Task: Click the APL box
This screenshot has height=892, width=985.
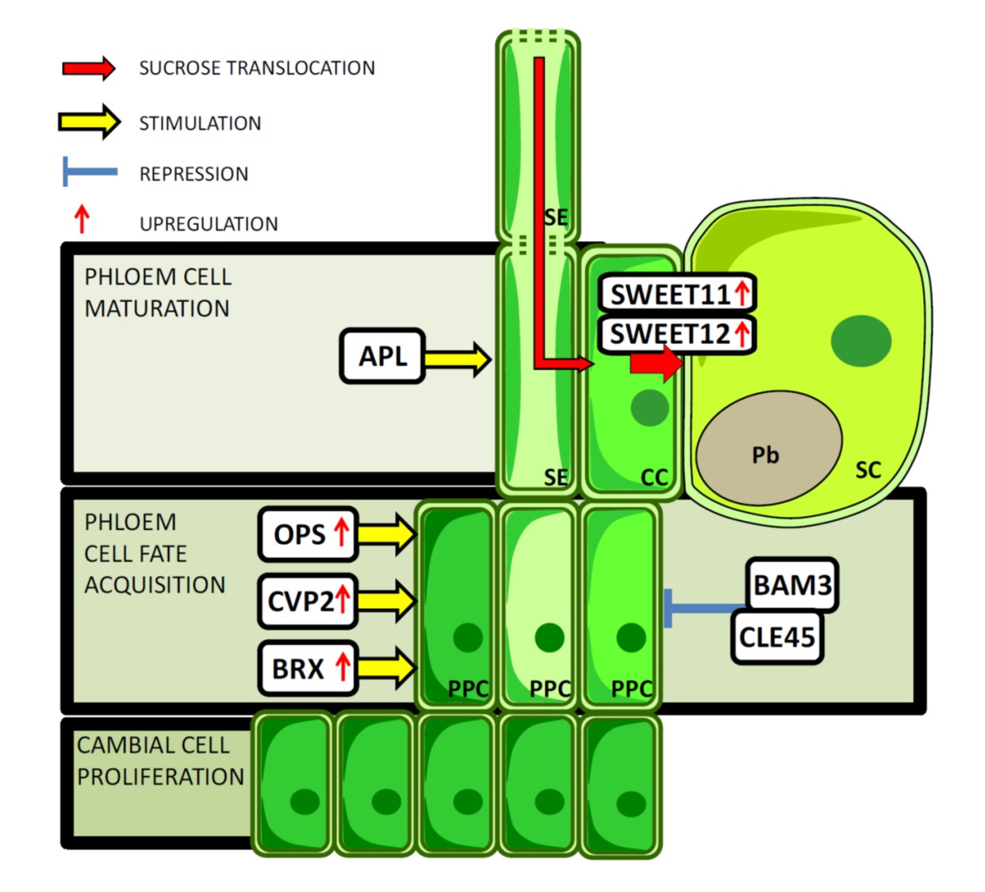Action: tap(382, 357)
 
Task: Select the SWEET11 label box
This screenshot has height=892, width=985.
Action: tap(676, 294)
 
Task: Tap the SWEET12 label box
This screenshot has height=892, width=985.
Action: tap(676, 334)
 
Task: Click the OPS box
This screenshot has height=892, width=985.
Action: tap(307, 534)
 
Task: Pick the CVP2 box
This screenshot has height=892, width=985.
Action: tap(307, 601)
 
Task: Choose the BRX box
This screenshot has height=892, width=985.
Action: tap(307, 668)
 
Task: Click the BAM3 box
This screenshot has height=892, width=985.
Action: tap(791, 585)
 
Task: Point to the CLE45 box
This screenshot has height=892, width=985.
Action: tap(776, 637)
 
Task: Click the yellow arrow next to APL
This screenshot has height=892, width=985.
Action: tap(457, 359)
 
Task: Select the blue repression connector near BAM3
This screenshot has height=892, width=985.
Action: tap(702, 608)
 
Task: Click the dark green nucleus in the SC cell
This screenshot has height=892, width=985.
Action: tap(860, 340)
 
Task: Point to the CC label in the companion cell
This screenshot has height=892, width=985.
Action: tap(654, 477)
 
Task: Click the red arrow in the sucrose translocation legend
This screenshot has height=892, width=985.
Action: tap(89, 68)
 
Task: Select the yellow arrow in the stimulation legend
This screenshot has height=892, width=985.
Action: tap(89, 122)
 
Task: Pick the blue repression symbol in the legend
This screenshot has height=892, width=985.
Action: tap(89, 171)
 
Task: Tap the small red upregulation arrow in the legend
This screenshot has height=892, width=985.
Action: tap(81, 219)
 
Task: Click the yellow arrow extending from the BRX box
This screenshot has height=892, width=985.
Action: tap(385, 668)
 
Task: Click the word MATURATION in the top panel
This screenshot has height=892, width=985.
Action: tap(157, 308)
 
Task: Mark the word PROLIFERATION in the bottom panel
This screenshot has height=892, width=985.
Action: tap(161, 776)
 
